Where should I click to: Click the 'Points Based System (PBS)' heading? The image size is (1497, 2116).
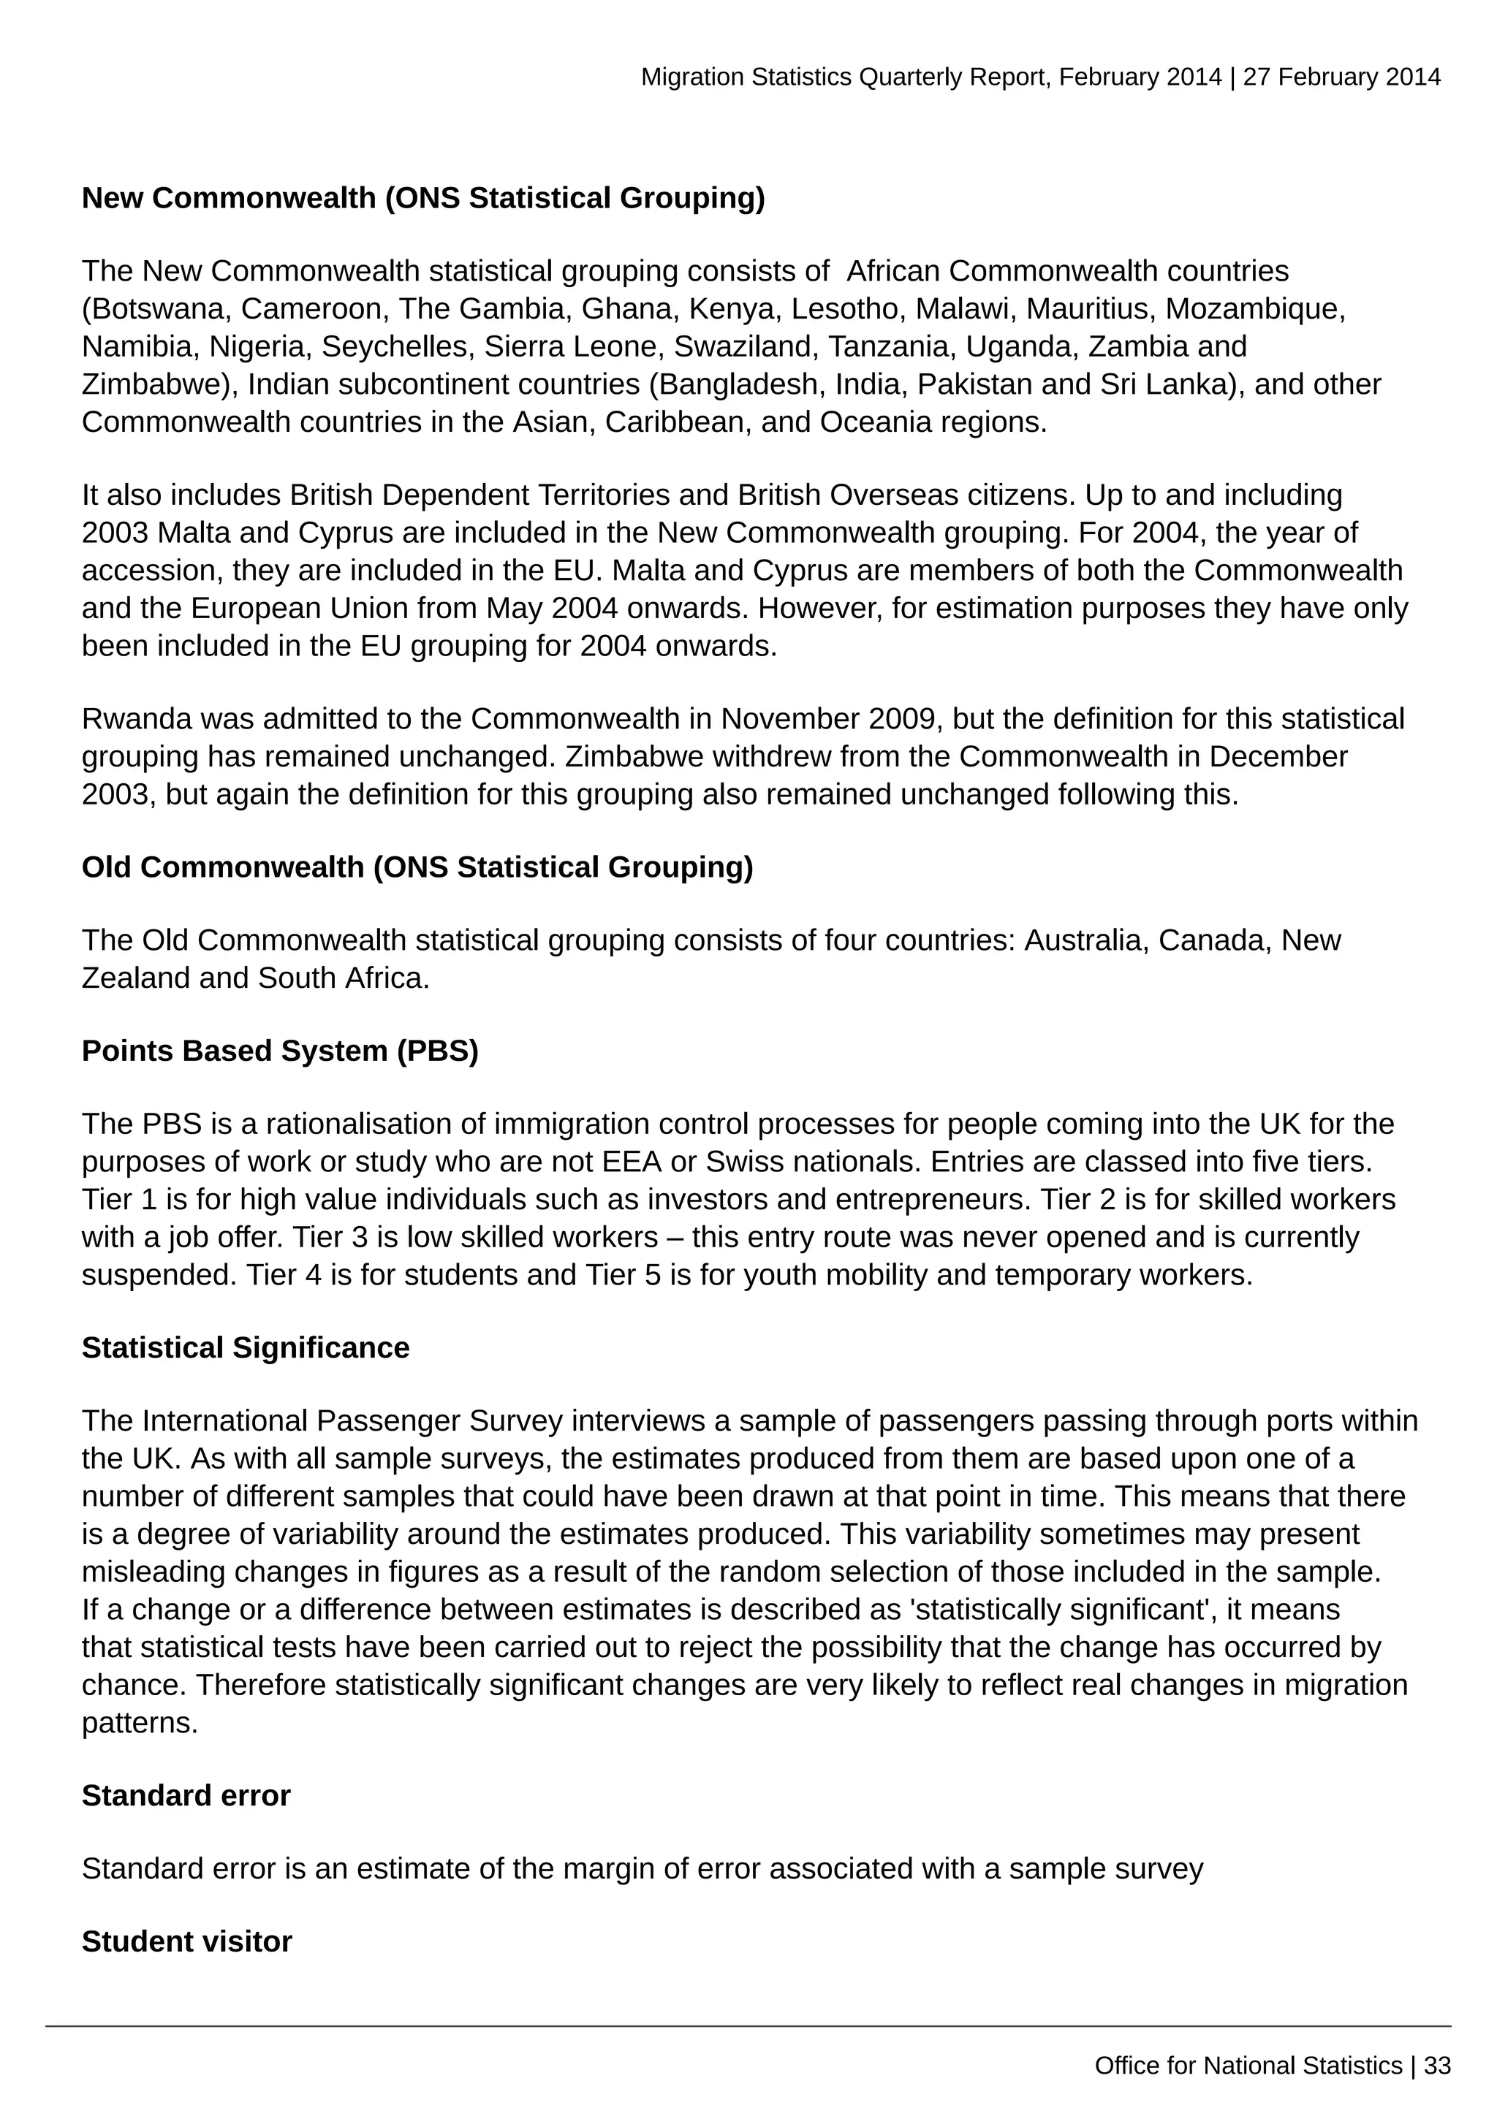click(280, 1051)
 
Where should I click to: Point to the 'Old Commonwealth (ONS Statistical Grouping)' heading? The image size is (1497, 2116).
click(417, 867)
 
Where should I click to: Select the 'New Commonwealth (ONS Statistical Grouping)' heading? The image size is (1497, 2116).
click(423, 198)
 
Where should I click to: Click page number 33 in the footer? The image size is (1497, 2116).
click(1437, 2066)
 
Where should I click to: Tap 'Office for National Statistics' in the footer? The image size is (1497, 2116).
click(1248, 2066)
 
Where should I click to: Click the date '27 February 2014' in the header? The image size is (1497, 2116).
click(1341, 77)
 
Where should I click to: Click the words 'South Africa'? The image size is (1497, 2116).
click(343, 978)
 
